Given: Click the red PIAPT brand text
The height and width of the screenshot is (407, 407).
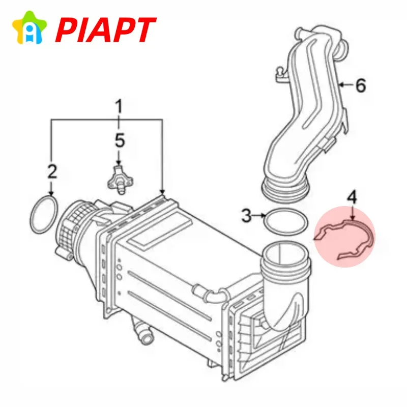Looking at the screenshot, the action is pos(105,30).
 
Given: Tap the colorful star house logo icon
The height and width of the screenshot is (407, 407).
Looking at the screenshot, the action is pos(30,27).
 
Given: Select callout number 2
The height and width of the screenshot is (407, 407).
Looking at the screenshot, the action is pos(52,171).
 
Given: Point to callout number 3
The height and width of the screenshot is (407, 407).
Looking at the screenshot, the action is pos(247,215).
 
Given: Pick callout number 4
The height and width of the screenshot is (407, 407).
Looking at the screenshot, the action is pos(352,198).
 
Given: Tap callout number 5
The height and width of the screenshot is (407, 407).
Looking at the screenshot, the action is pos(120,140).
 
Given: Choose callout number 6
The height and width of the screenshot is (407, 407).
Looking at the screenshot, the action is pos(361,85).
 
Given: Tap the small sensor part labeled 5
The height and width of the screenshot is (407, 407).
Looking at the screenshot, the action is pos(120,179).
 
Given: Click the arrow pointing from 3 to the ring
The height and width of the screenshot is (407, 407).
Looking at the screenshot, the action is pos(259,215).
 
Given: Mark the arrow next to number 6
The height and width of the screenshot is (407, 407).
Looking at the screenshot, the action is pos(346,84).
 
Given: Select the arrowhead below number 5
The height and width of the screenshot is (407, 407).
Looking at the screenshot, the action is pos(119,163).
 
